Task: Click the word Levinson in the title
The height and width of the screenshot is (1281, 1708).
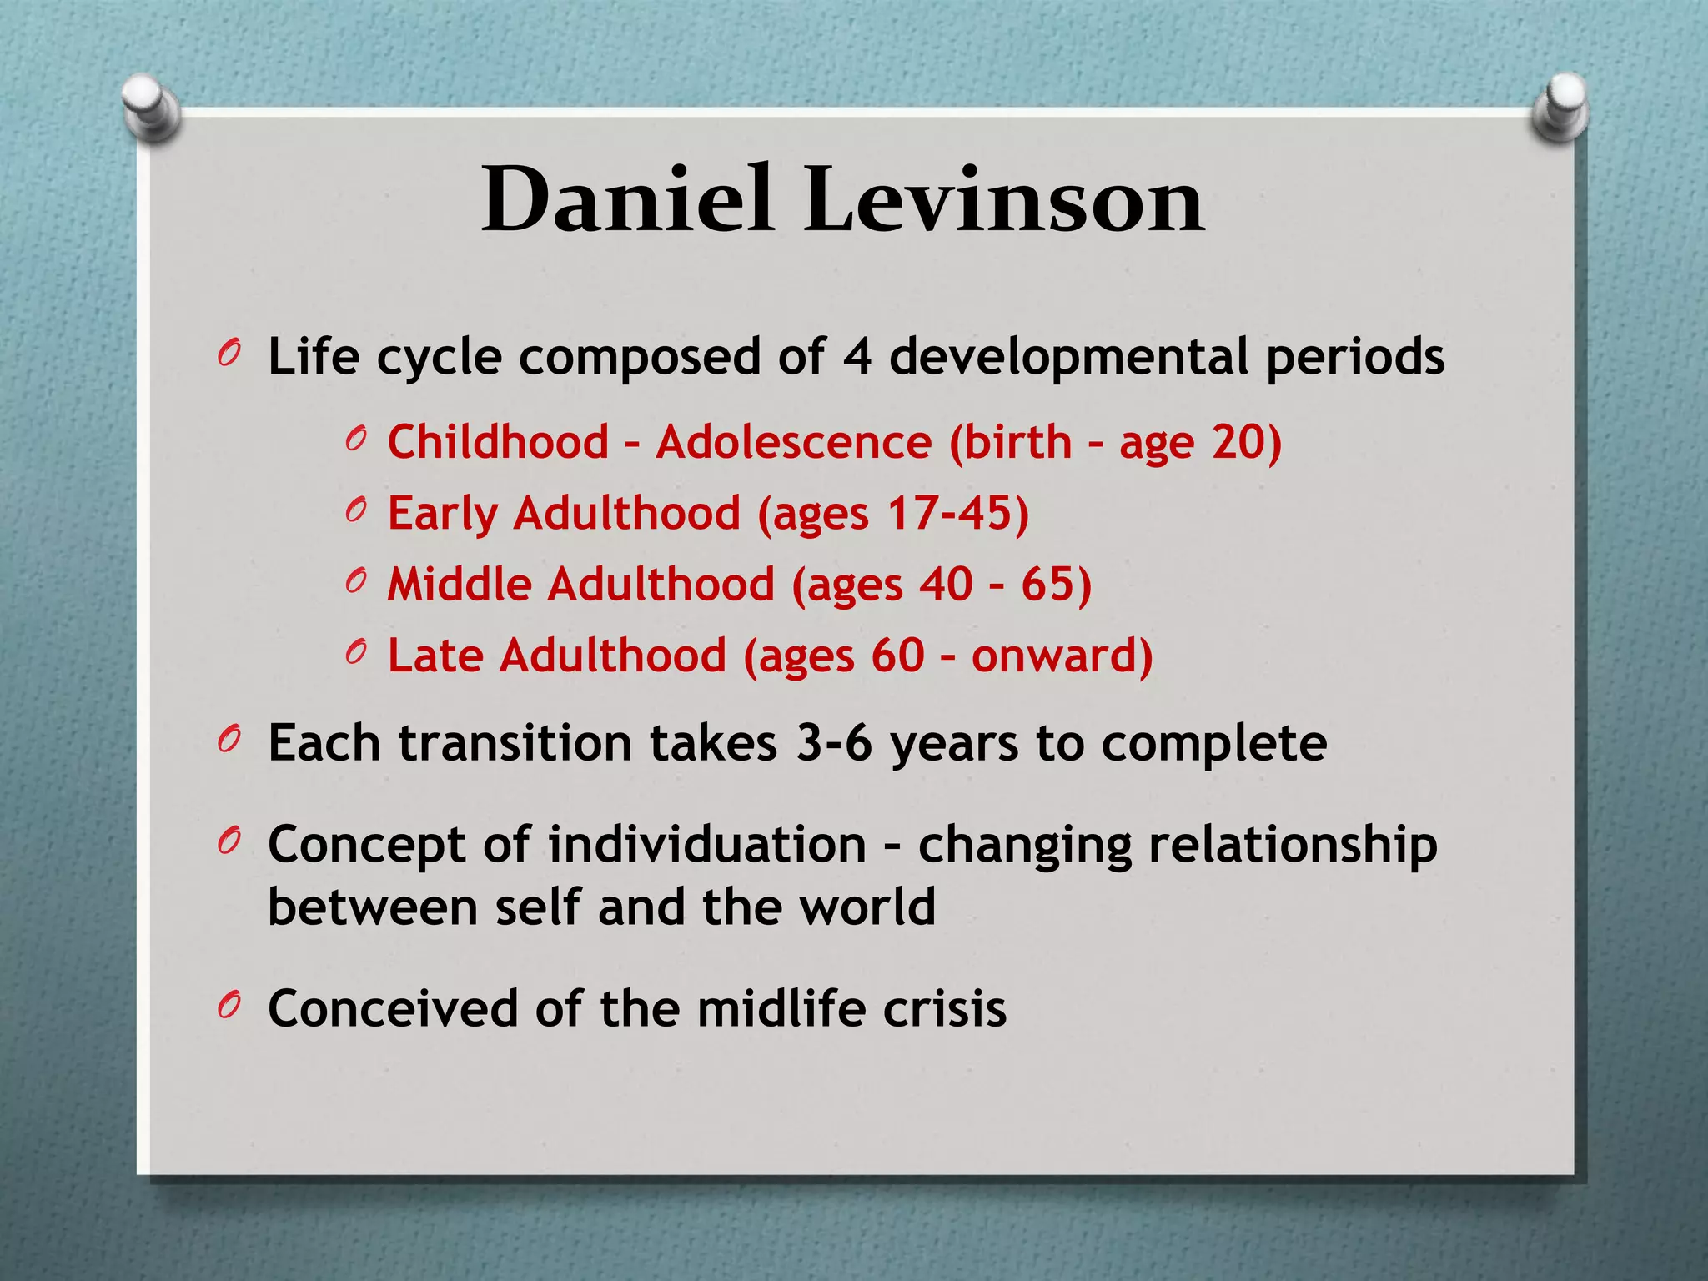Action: [1004, 200]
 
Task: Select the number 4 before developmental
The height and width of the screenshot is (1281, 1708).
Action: [857, 357]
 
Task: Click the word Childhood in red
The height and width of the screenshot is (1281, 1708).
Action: [498, 441]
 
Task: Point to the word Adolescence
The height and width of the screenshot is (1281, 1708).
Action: [793, 441]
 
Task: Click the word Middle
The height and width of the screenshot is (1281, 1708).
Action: [460, 584]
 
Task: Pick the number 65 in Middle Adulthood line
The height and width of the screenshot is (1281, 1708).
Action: [1047, 584]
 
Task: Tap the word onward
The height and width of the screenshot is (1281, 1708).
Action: [1054, 655]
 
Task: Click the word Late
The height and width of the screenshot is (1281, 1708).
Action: [435, 655]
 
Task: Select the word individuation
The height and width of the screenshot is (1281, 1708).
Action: [707, 844]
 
